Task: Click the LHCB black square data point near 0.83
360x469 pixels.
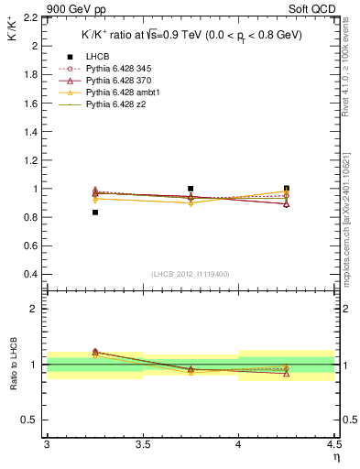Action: [95, 213]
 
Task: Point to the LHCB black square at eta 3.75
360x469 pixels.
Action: [191, 189]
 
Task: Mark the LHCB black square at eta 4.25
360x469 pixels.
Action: [287, 189]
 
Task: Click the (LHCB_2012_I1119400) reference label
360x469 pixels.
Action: [190, 274]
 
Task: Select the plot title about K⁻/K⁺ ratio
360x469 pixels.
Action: [192, 35]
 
